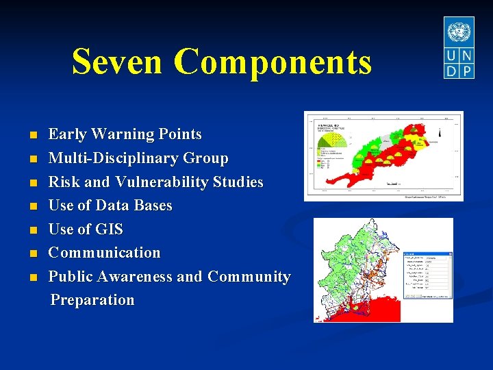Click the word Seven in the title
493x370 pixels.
[118, 61]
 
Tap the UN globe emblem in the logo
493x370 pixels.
[458, 32]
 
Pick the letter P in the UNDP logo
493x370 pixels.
[466, 71]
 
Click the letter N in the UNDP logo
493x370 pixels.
[466, 56]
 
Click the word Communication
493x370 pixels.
[104, 253]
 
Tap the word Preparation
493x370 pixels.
[92, 300]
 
